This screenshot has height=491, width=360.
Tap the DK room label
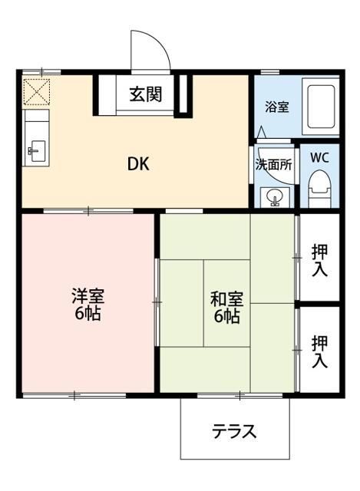[x=138, y=163]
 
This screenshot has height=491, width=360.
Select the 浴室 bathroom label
[x=277, y=107]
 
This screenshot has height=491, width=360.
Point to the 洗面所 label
[x=274, y=163]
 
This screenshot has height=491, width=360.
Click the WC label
[x=320, y=158]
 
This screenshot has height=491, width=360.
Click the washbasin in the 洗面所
[x=275, y=198]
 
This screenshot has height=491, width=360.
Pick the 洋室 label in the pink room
[x=88, y=296]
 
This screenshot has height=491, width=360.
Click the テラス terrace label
[x=234, y=431]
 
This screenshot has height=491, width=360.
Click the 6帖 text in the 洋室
[x=88, y=315]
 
